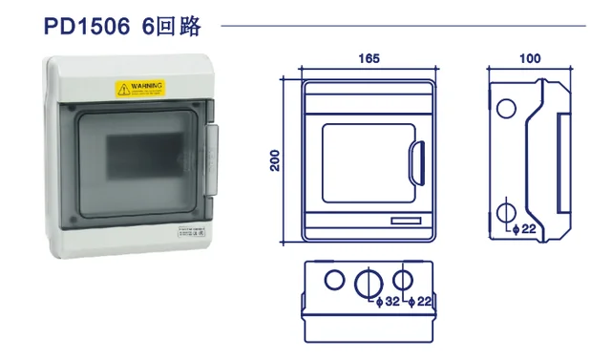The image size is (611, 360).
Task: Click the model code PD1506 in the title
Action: pyautogui.click(x=86, y=26)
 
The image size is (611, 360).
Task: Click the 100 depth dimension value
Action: pyautogui.click(x=531, y=58)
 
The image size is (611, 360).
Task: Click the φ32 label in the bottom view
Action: pyautogui.click(x=388, y=303)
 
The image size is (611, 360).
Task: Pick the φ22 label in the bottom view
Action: pyautogui.click(x=420, y=303)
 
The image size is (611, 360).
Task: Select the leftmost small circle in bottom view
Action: pyautogui.click(x=334, y=280)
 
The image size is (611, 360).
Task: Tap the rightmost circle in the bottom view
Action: pyautogui.click(x=403, y=280)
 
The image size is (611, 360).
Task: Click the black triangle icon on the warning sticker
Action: pyautogui.click(x=121, y=89)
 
